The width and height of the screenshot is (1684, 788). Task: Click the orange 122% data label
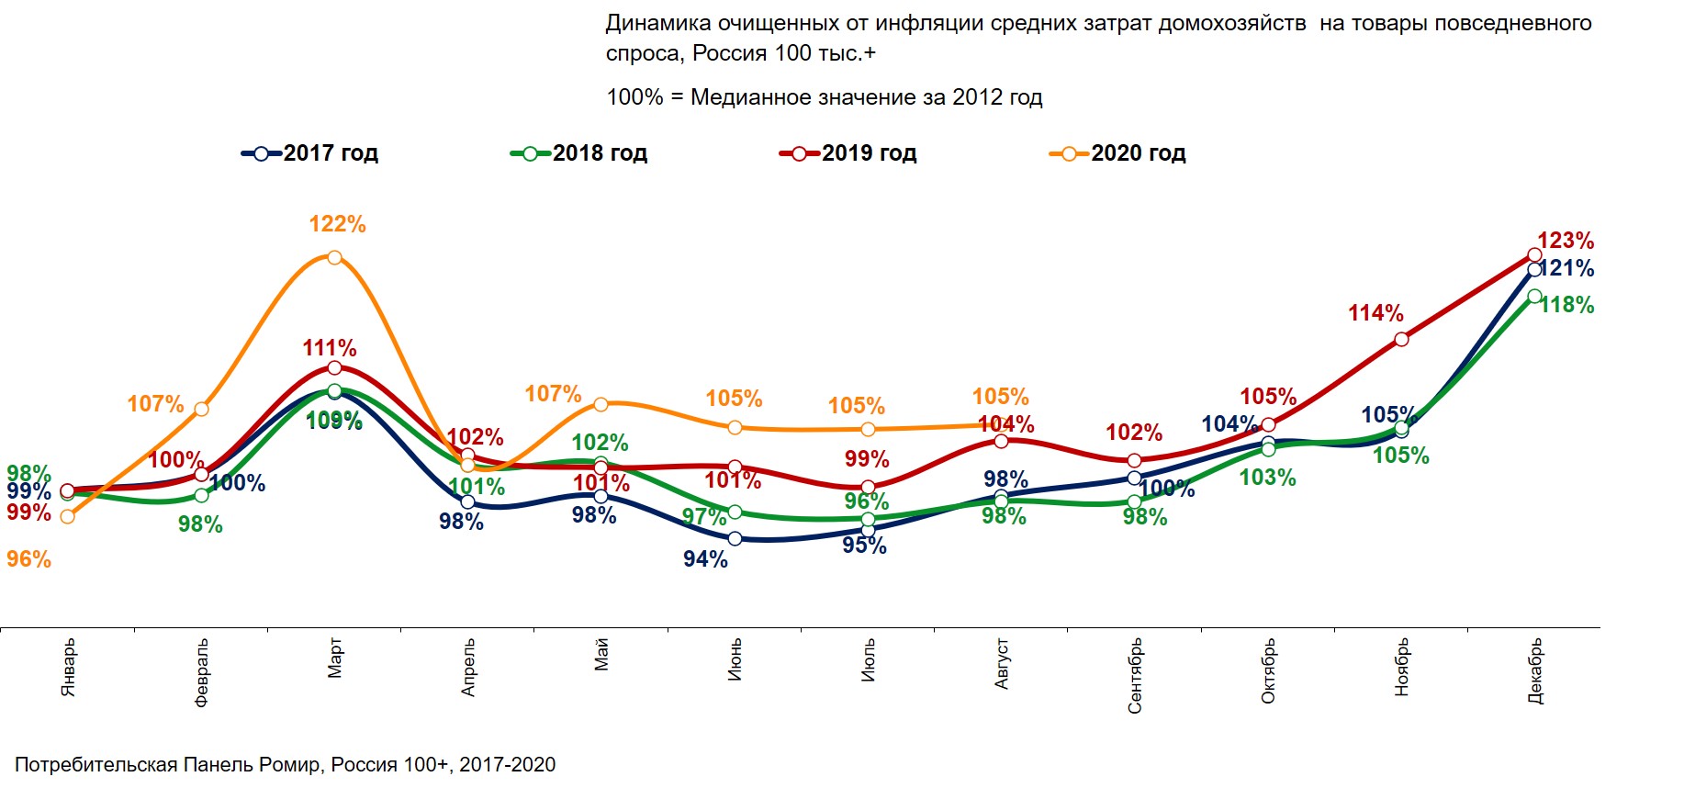[x=337, y=224]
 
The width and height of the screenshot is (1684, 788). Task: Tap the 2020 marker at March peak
[x=334, y=258]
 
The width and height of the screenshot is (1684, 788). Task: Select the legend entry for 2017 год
[x=310, y=153]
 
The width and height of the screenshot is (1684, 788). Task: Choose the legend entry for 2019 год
[x=849, y=153]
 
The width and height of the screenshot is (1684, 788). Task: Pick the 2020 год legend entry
[x=1118, y=153]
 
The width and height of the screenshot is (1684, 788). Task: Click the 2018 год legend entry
[x=580, y=153]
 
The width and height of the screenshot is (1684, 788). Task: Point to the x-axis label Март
[x=334, y=659]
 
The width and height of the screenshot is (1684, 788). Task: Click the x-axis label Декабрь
[x=1534, y=671]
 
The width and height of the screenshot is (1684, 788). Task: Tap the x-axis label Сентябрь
[x=1135, y=675]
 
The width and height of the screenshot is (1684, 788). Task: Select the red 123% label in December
[x=1565, y=241]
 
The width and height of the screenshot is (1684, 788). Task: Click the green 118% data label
[x=1566, y=305]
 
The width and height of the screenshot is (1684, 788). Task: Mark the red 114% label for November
[x=1375, y=313]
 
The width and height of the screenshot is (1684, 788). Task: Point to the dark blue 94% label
[x=705, y=559]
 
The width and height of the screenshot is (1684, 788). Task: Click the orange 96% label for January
[x=28, y=559]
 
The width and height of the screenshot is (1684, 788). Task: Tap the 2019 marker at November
[x=1401, y=340]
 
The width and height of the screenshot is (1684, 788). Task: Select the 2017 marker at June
[x=735, y=538]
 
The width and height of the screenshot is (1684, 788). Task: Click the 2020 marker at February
[x=201, y=409]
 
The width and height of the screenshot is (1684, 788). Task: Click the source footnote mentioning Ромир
[x=285, y=764]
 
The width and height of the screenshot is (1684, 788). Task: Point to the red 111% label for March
[x=330, y=348]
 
